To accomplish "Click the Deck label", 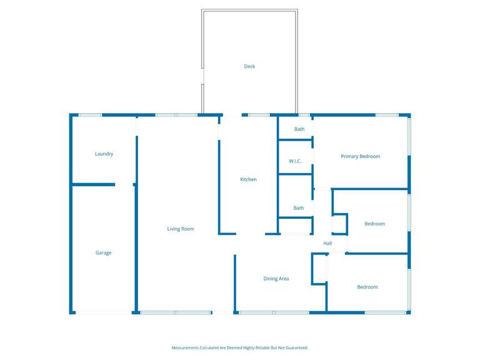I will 249,66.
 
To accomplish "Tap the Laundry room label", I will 104,154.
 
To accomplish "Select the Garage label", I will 103,252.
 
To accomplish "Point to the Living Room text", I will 180,229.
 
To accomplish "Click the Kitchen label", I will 248,179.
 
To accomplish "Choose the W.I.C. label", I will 295,161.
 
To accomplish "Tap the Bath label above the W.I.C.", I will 299,129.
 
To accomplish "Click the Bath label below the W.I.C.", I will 299,208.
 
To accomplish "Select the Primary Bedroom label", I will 360,156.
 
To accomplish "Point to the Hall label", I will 327,243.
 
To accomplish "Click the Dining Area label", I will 276,279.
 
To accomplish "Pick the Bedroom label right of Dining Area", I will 367,287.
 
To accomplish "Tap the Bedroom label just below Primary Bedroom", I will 374,224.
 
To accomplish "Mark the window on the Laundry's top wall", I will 90,115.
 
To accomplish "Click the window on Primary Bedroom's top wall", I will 387,115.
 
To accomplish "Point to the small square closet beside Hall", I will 339,223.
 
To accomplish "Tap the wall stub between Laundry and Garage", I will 94,184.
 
